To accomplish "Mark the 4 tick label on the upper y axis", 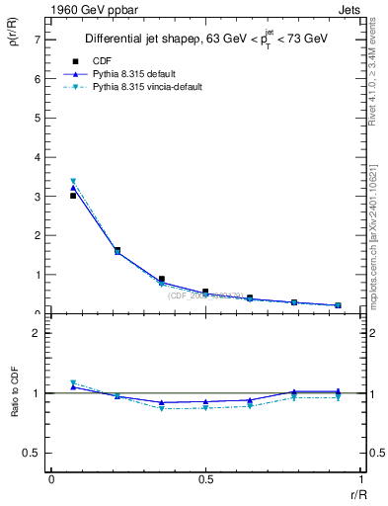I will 37,157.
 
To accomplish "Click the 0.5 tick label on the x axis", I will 205,480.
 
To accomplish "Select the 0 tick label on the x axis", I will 51,480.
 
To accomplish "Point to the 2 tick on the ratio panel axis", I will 37,333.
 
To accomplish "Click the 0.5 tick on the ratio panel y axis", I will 34,453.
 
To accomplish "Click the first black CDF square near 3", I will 73,196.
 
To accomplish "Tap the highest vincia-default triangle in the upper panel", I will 73,182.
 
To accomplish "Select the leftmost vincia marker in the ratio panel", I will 73,382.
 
